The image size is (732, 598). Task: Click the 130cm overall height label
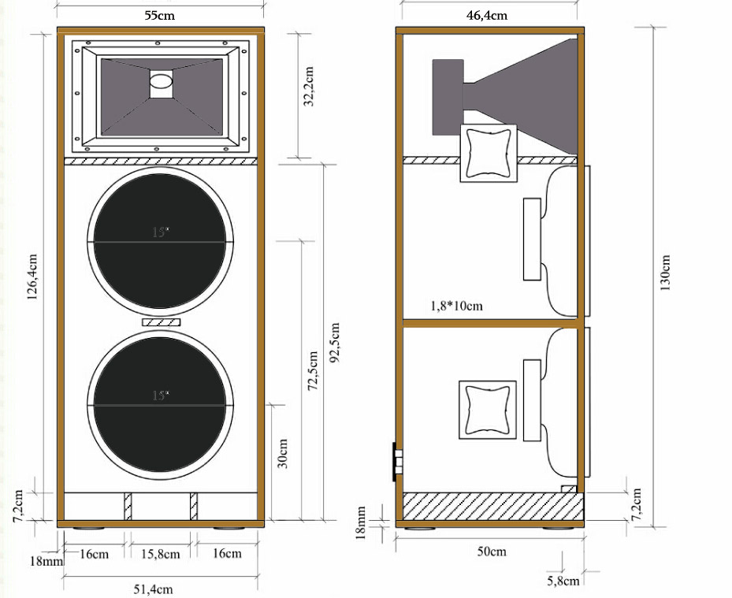click(x=666, y=273)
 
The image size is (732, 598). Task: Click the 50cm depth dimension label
click(x=491, y=552)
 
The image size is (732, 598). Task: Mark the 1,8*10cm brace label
click(x=457, y=305)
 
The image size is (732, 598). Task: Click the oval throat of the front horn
click(x=161, y=80)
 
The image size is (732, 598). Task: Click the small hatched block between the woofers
click(x=161, y=322)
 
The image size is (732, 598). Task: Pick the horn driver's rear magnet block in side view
click(x=448, y=97)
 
